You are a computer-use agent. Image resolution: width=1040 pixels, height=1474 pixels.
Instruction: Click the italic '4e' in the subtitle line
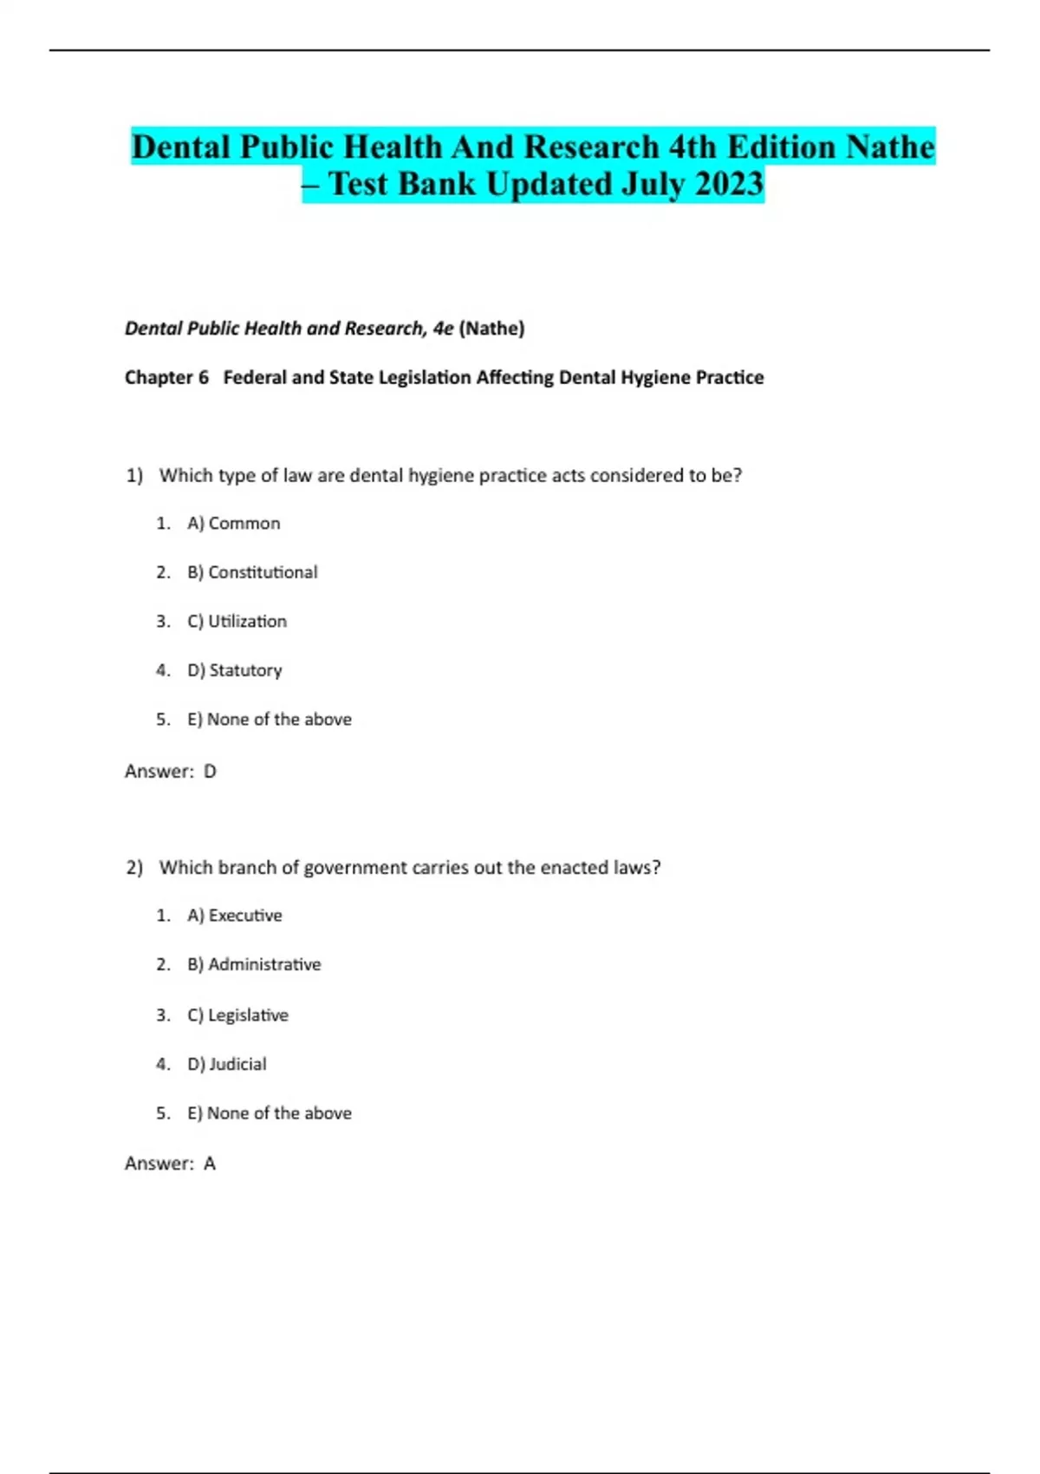coord(443,329)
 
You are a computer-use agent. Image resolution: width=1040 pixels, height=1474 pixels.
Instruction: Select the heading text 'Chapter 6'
coord(166,377)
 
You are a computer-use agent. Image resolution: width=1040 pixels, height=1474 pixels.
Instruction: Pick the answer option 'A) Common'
coord(233,524)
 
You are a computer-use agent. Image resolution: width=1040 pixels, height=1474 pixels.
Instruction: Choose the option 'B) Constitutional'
coord(252,572)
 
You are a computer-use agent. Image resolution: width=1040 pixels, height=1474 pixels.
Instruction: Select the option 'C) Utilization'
coord(237,622)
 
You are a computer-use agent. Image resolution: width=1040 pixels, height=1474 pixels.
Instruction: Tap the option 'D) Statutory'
coord(234,670)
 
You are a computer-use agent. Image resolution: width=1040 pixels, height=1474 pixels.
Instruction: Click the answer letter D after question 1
coord(210,771)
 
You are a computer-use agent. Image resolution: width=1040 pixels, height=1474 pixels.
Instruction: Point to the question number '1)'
coord(134,475)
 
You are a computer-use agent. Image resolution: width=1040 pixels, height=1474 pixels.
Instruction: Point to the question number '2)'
coord(134,868)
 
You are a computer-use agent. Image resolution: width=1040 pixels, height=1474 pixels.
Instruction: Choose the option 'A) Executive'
coord(234,916)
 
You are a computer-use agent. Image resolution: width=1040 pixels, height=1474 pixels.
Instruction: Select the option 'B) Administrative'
coord(254,964)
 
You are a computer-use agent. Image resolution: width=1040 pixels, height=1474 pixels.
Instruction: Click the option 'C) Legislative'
coord(237,1015)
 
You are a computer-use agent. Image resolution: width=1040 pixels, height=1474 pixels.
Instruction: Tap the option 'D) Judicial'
coord(226,1064)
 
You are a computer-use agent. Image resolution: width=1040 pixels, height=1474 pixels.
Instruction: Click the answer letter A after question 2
coord(210,1164)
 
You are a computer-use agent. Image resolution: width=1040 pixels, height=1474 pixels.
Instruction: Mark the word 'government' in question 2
coord(355,868)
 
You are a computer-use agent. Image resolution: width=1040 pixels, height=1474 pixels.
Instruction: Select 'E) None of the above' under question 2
coord(269,1113)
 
